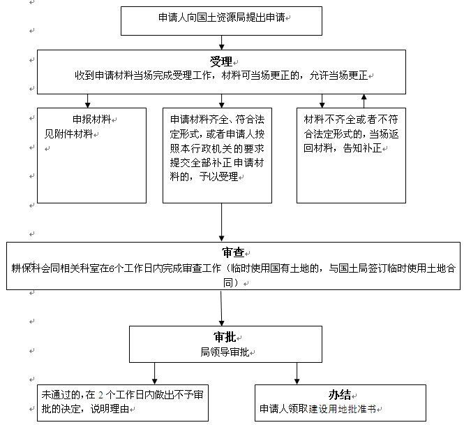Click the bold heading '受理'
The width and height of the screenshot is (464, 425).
pos(220,61)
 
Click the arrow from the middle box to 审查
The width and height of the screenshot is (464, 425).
pos(221,224)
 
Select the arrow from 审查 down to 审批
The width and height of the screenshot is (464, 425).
pos(221,308)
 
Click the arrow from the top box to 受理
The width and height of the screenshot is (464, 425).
pos(221,42)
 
